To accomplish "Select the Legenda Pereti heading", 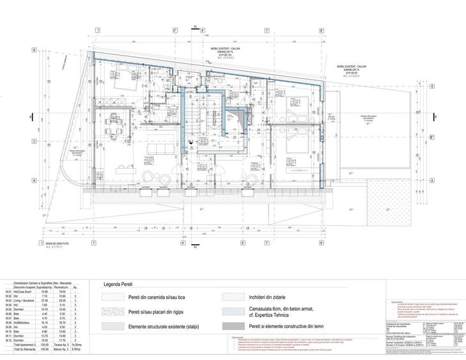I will (x=119, y=286).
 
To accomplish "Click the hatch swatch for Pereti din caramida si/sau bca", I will (x=113, y=297).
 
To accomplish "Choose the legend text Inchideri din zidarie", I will (x=268, y=297).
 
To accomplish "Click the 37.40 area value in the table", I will (x=45, y=301).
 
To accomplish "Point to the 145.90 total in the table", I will (x=45, y=350).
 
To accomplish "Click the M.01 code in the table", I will (x=8, y=292).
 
